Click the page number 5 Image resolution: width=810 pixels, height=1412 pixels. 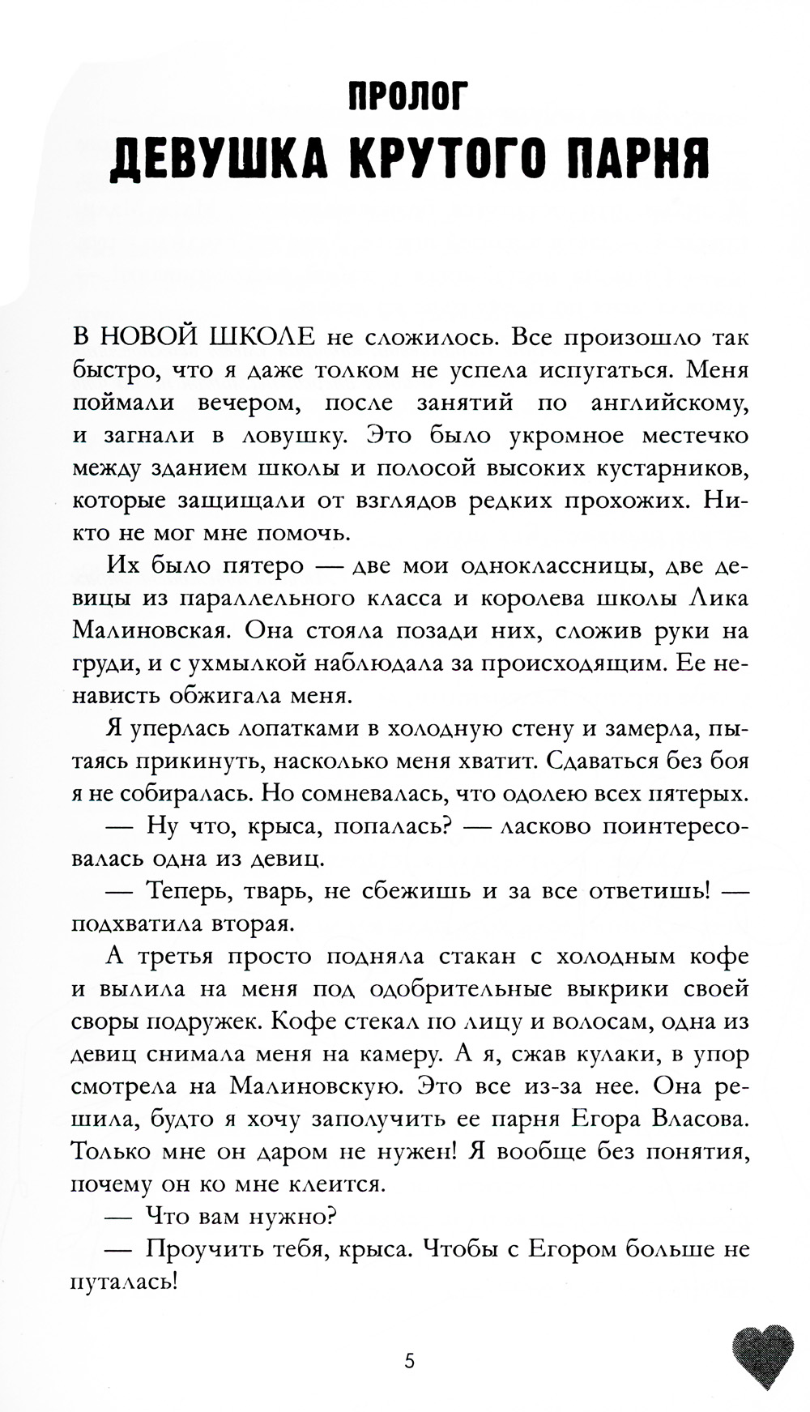[x=408, y=1360]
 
